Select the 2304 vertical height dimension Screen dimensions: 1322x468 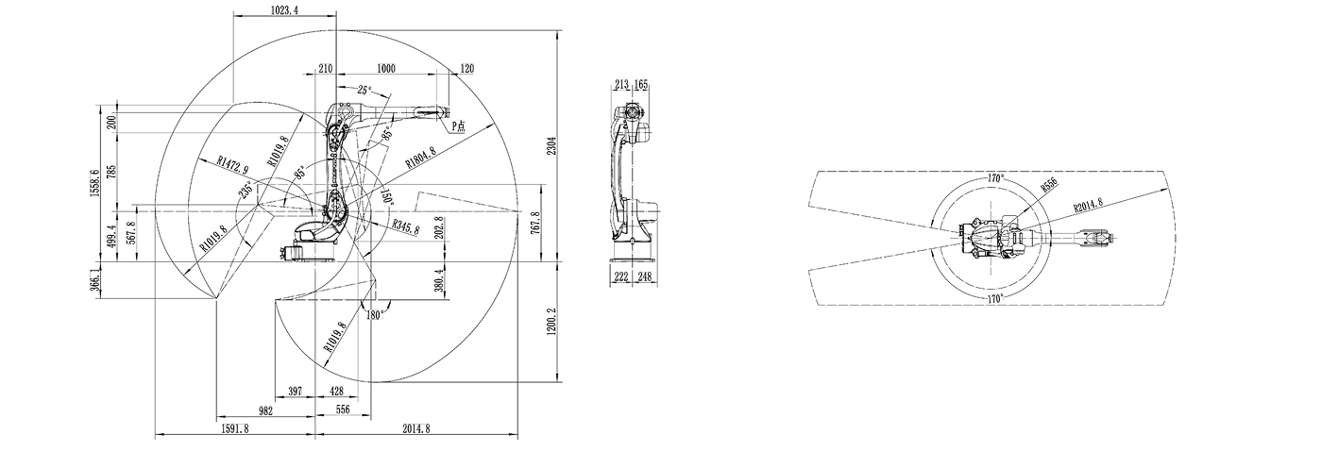point(551,145)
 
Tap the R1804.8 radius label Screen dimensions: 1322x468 point(420,158)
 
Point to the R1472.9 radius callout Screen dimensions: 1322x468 point(232,164)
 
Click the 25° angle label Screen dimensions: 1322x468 point(364,91)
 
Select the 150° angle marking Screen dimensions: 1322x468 point(387,196)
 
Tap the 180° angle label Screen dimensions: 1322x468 point(376,315)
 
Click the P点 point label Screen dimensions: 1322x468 point(459,125)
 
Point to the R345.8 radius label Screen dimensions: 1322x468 point(405,227)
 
